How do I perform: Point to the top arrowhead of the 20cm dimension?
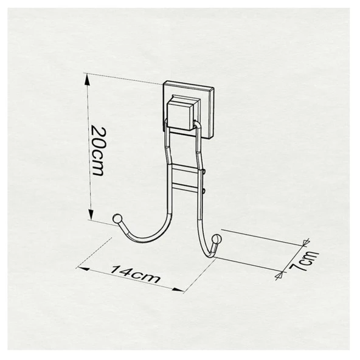coord(89,77)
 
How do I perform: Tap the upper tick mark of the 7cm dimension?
coord(308,242)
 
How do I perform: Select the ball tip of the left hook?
coord(116,218)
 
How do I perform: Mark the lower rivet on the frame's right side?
coord(206,192)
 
